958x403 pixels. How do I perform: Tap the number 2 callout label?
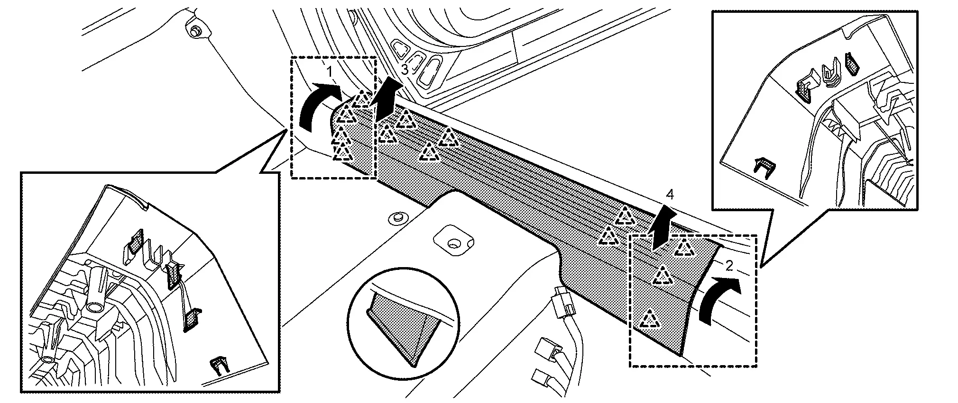point(729,266)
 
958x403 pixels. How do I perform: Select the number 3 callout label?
point(404,70)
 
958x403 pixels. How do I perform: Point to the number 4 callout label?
point(669,194)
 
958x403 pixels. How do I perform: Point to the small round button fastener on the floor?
point(395,218)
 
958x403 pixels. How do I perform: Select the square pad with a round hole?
point(453,241)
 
